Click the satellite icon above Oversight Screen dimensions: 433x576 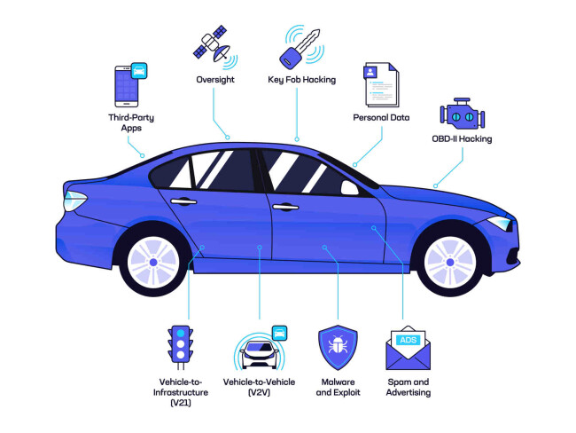coord(214,45)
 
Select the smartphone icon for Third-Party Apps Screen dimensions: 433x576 coord(128,87)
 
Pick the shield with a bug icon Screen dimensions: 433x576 coord(337,349)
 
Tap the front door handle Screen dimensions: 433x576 coord(284,207)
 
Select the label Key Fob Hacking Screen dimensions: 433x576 coord(301,79)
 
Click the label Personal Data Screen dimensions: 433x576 coord(382,118)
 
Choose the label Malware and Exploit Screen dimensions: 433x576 coord(337,387)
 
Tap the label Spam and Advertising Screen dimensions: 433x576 coord(409,387)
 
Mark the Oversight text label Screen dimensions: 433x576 coord(214,79)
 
